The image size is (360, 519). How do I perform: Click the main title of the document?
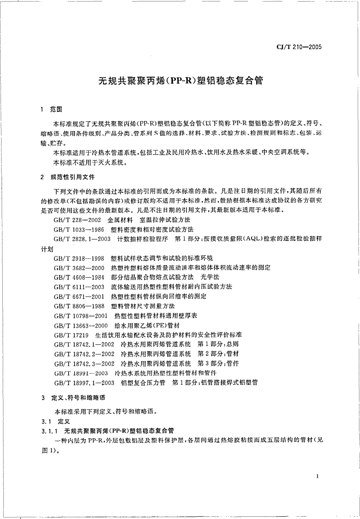coord(180,81)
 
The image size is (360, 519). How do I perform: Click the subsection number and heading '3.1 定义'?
coord(54,421)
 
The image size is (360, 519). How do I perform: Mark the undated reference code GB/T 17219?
coord(71,335)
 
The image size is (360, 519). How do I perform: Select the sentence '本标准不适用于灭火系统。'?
coord(89,163)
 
